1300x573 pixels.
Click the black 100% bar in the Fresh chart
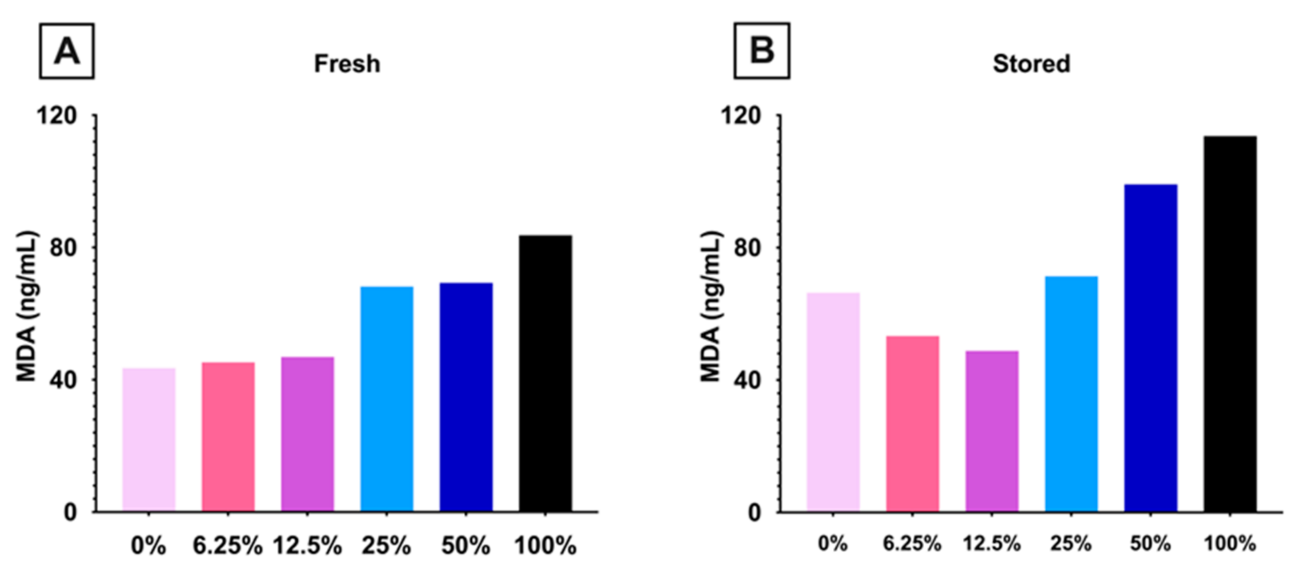545,374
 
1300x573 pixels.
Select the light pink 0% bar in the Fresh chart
149,440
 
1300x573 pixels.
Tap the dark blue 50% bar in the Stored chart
1151,348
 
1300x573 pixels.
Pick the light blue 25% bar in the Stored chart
1071,394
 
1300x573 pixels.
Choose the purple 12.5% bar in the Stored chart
991,431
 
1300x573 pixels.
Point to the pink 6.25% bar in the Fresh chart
228,437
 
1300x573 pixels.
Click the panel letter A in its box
67,51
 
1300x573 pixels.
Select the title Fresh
347,64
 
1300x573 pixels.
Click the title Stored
1031,64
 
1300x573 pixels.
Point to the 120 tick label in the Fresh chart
56,116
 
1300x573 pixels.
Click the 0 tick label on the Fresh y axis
70,512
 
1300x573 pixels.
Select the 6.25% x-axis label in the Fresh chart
228,546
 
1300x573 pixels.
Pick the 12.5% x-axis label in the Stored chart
991,544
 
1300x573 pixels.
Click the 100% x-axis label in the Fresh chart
545,546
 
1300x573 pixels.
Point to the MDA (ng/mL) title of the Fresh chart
27,307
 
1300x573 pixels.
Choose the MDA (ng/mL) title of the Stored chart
711,307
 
